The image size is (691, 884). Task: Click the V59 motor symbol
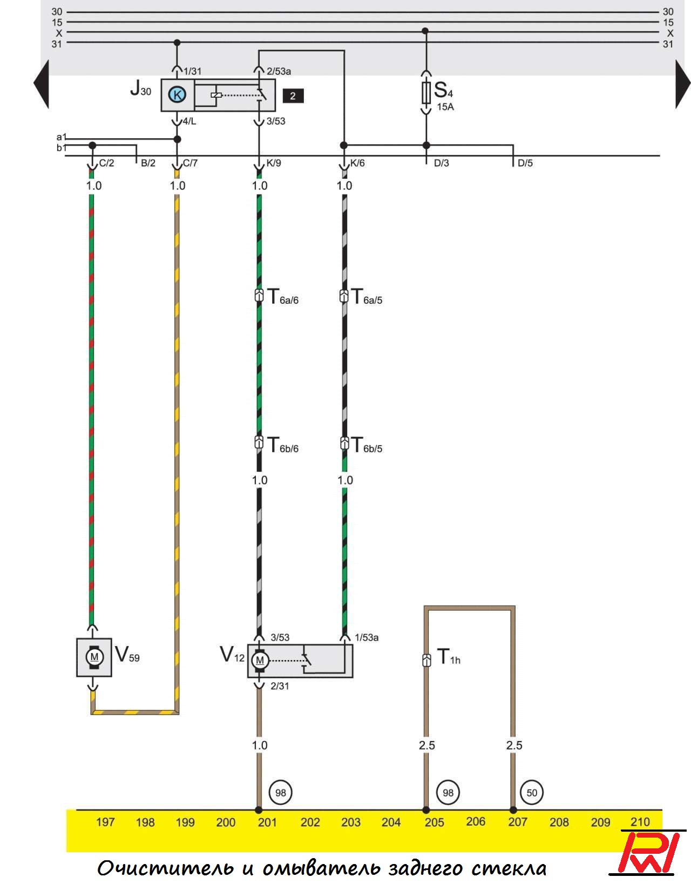tap(94, 657)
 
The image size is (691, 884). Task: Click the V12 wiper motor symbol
tap(260, 660)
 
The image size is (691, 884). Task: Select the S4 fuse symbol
tap(426, 92)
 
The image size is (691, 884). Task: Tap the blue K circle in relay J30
tap(177, 95)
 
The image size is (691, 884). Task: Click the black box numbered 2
tap(293, 96)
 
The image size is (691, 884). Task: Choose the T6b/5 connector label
tap(367, 446)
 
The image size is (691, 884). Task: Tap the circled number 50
tap(532, 792)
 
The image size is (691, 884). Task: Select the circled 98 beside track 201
tap(280, 792)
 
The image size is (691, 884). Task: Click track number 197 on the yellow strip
tap(105, 822)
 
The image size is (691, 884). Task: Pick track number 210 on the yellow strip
tap(640, 822)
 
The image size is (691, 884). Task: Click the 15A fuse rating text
tap(445, 107)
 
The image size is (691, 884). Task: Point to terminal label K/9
tap(274, 163)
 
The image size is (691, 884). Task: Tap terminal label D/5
tap(525, 163)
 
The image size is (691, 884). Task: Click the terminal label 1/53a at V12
tap(367, 637)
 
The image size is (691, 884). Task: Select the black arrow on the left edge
tap(42, 84)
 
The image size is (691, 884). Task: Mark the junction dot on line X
tap(425, 31)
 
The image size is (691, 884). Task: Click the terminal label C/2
tap(106, 163)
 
